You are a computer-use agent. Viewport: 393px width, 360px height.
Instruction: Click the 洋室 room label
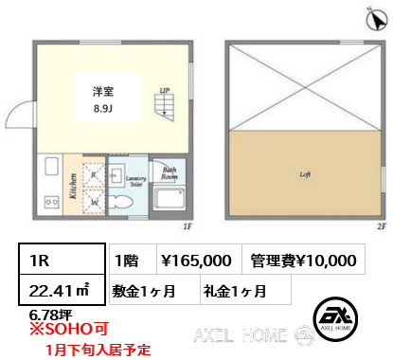(103, 91)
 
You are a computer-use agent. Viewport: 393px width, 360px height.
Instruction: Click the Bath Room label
(170, 173)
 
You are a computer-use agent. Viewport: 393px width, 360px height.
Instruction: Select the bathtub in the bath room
(170, 202)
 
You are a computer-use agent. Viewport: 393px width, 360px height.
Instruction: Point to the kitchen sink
(51, 203)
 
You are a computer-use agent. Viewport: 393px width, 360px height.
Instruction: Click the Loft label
(305, 174)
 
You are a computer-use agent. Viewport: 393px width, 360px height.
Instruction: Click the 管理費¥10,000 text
(304, 259)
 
